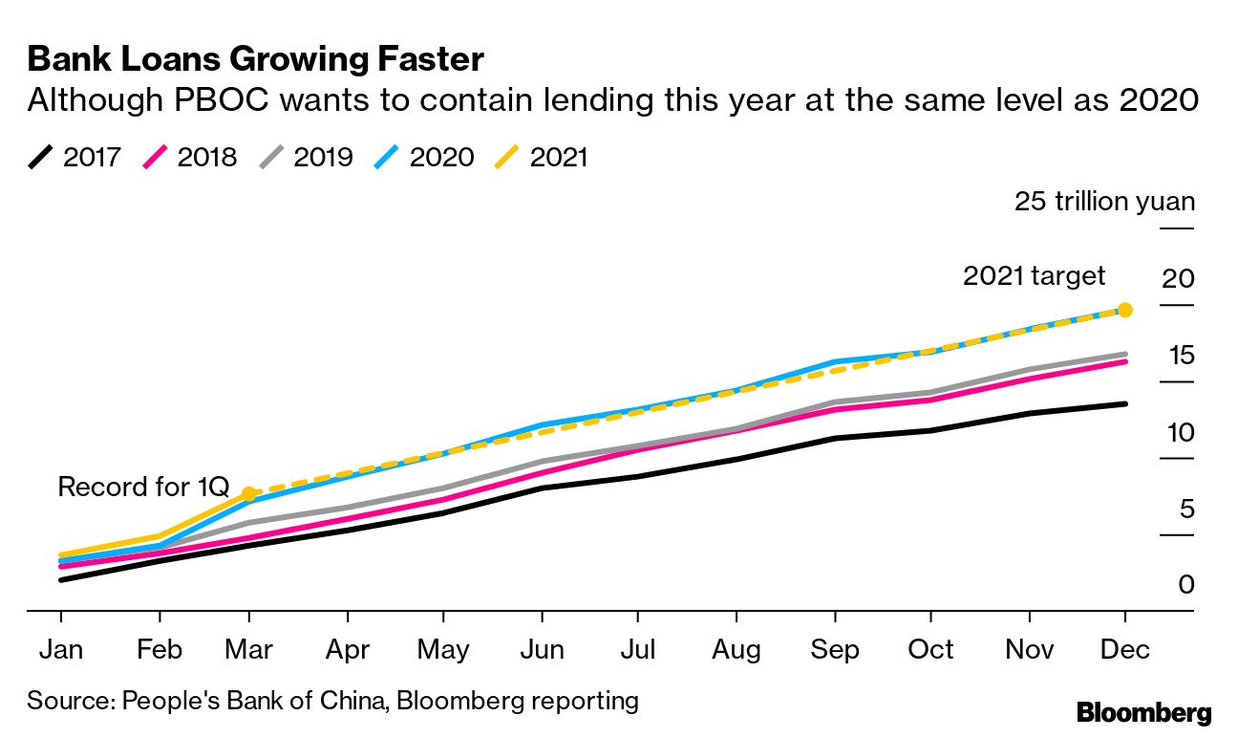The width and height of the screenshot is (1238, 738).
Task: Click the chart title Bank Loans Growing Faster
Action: coord(255,59)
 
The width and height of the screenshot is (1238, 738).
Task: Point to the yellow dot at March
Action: coord(249,494)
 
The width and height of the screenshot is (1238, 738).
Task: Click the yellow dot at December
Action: coord(1125,310)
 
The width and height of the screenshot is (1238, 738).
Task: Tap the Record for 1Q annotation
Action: coord(143,487)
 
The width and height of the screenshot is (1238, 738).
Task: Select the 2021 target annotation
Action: coord(1034,276)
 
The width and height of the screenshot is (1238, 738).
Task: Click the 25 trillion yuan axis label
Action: coord(1104,202)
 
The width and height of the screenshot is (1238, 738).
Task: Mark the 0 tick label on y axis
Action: coord(1185,584)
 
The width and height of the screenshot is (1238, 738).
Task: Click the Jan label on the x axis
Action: coord(60,649)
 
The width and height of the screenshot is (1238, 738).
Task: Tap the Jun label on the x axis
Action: coord(541,649)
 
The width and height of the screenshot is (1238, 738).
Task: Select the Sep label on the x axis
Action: coord(834,649)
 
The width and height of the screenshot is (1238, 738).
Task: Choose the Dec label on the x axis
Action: coord(1124,649)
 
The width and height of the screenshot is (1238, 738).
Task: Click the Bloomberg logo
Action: coord(1143,712)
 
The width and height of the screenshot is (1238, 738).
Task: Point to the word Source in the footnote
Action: coord(69,700)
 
